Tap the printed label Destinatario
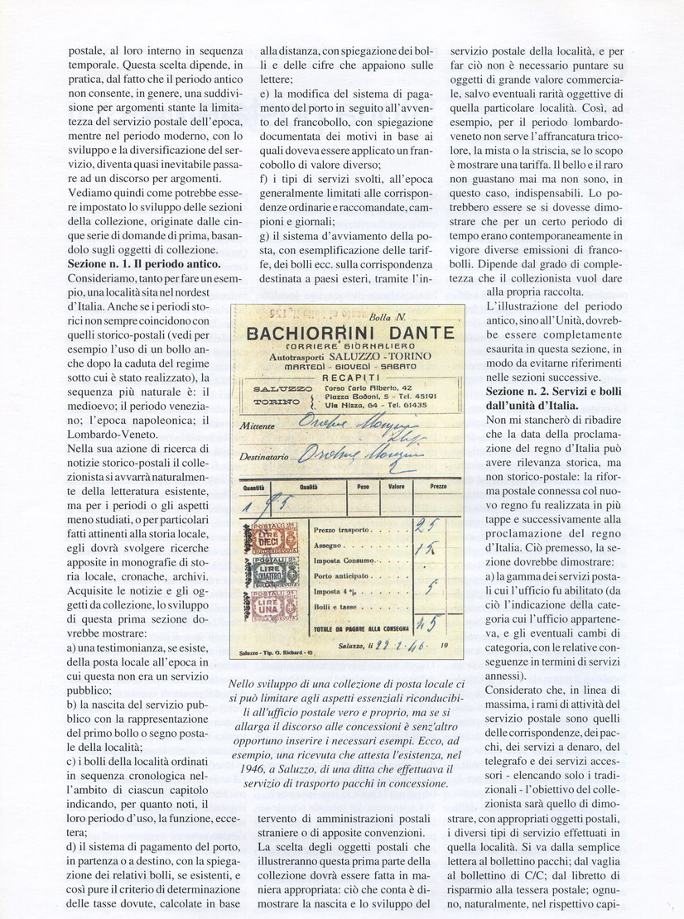[x=265, y=455]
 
